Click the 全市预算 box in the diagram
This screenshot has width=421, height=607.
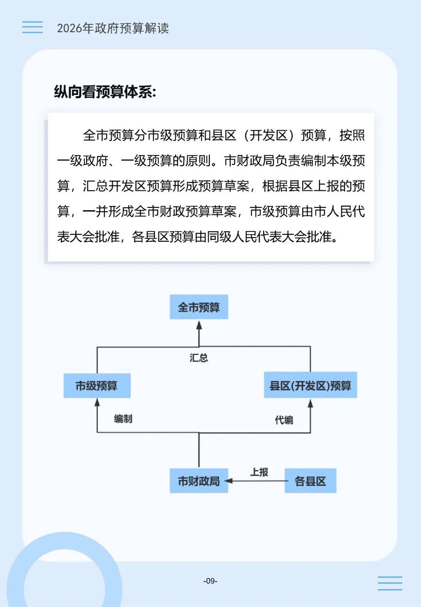point(199,307)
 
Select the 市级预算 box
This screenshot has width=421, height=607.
point(97,385)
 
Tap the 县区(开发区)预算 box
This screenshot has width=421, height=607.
point(310,385)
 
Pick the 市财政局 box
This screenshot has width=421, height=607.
point(199,481)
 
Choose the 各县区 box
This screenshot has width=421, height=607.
point(310,481)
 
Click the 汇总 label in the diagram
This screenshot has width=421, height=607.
point(199,358)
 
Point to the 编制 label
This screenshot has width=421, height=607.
point(123,419)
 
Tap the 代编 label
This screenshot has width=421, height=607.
point(284,420)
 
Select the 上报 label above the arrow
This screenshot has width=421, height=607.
point(259,472)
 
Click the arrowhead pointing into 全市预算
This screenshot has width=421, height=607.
point(199,325)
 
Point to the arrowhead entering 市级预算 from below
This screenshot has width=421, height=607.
point(97,403)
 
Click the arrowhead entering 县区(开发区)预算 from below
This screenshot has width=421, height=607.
point(310,403)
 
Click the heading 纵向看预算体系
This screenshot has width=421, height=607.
point(105,92)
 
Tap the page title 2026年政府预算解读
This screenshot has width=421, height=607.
point(113,28)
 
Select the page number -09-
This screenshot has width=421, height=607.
point(210,581)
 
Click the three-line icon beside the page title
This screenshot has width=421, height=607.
point(32,27)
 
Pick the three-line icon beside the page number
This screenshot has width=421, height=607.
point(390,583)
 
